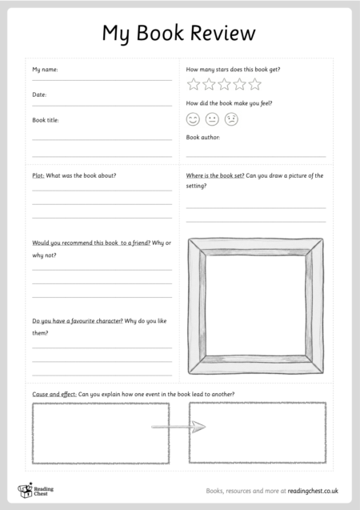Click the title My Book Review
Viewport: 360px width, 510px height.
click(179, 33)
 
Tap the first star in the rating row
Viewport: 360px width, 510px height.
click(194, 84)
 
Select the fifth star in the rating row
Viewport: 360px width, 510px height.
click(254, 84)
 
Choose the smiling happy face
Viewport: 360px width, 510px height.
click(193, 119)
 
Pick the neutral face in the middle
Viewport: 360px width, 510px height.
click(212, 119)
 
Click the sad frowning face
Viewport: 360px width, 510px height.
click(231, 119)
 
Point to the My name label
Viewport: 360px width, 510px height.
click(45, 70)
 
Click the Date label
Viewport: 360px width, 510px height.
click(39, 94)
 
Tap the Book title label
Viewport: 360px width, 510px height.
click(46, 120)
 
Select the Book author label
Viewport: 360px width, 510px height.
click(203, 138)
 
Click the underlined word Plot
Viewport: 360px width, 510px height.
click(38, 175)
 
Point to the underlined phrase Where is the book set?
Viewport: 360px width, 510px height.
click(215, 175)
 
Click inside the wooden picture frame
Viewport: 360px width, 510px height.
click(255, 305)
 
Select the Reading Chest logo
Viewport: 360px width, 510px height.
click(34, 489)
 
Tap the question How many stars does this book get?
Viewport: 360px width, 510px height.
click(233, 70)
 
